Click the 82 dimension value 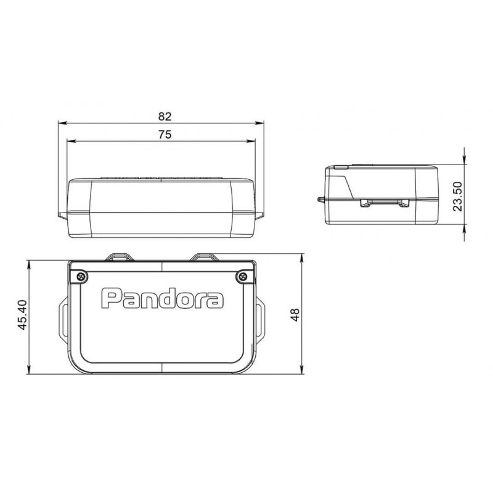tap(165, 116)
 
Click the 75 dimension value tap(165, 134)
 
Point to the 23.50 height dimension tap(457, 196)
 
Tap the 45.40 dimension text tap(23, 315)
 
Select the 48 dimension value tap(295, 315)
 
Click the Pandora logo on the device tap(162, 298)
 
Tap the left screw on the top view tap(82, 277)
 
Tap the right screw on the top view tap(242, 277)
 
